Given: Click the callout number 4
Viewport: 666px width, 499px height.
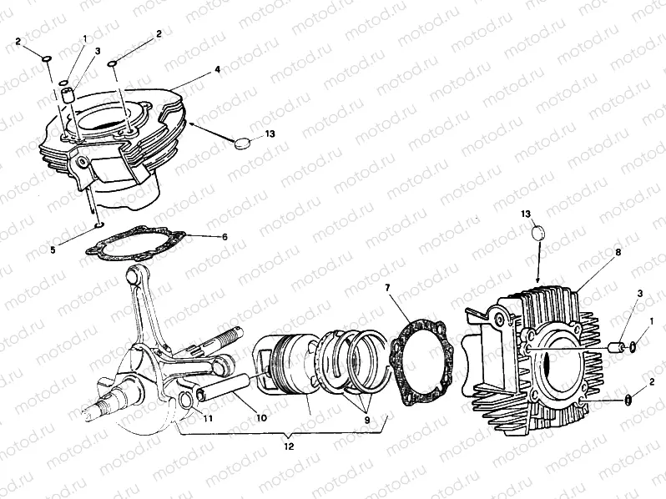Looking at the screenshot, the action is coord(217,68).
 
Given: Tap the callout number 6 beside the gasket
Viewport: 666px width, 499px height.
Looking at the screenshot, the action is coord(225,236).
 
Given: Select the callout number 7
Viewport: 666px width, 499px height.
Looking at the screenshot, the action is coord(387,288).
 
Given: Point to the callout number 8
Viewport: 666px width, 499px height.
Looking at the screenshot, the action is coord(618,252).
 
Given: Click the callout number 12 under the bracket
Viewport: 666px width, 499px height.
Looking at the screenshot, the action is coord(289,446).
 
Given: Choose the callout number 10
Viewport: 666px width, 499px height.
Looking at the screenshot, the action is coord(262,418).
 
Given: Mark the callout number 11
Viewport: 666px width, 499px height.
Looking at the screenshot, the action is coord(207,418).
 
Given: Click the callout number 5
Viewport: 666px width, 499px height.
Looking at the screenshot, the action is coord(53,249).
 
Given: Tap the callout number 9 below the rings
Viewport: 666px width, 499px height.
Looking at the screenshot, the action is coord(366,420).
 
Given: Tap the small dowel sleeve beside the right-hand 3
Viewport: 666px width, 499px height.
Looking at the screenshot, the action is coord(616,347).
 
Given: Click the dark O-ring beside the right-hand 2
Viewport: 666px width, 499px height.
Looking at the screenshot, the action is coord(627,400).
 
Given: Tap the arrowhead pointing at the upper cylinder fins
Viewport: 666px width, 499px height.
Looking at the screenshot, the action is coord(194,124).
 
